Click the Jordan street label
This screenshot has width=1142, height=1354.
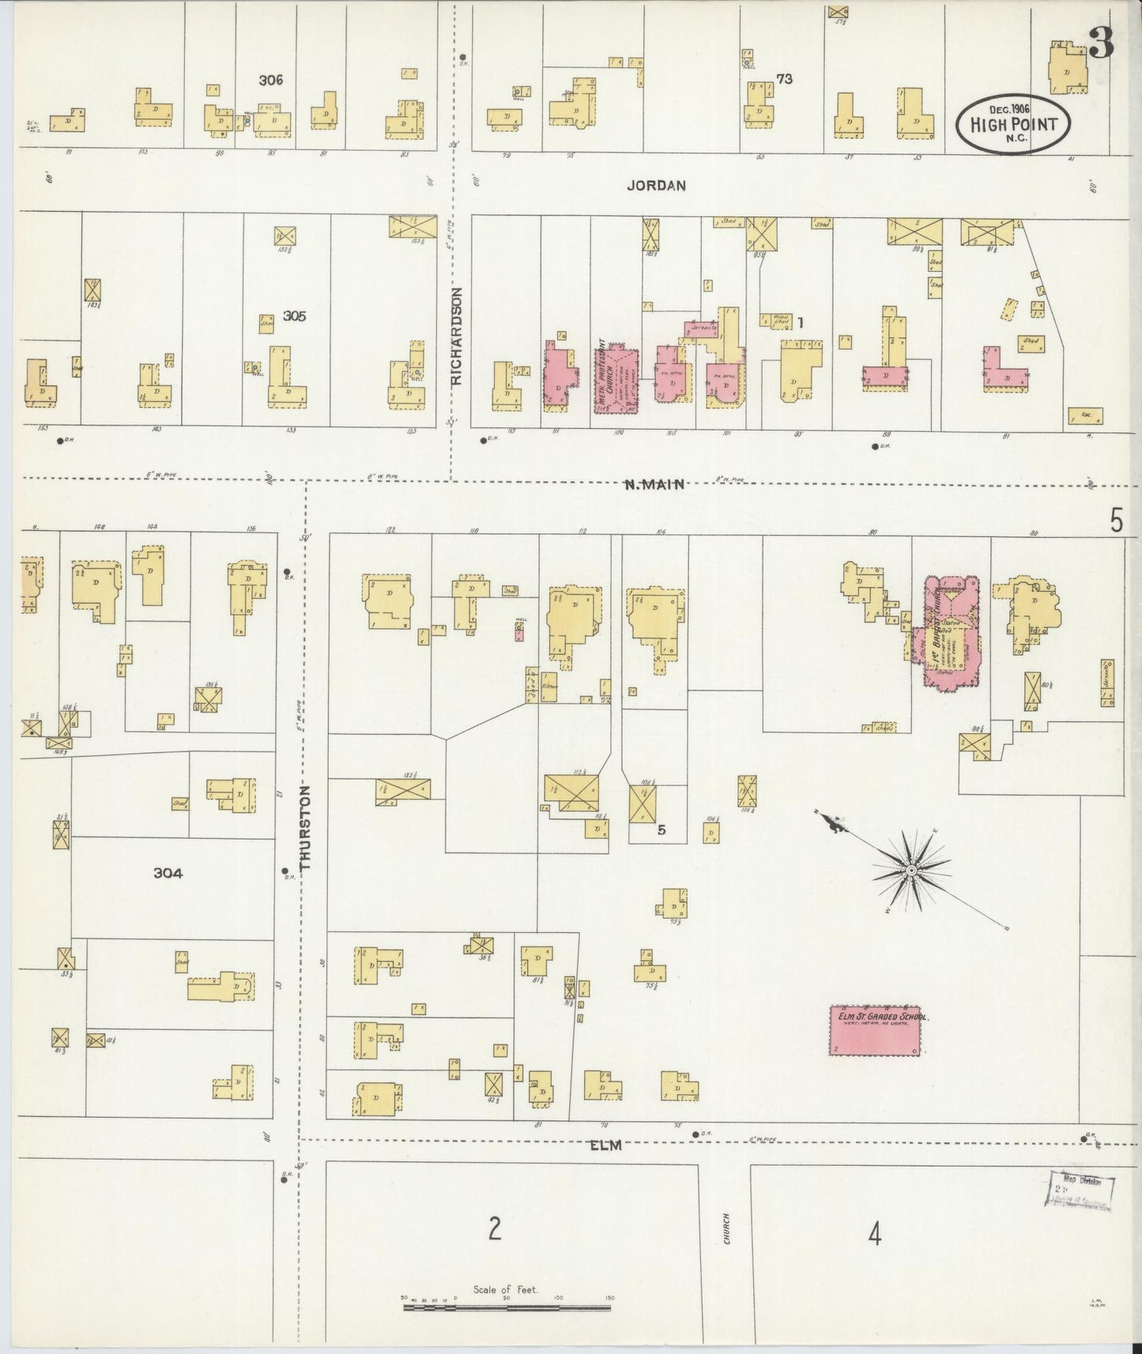coord(656,186)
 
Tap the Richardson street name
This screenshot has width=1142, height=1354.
coord(456,336)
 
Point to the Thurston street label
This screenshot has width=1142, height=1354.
coord(307,828)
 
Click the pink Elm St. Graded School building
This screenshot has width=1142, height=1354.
coord(876,1030)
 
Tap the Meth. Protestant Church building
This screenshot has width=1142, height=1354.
coord(616,382)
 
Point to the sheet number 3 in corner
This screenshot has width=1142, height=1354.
coord(1102,45)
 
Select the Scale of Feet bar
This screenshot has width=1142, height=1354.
coord(506,1307)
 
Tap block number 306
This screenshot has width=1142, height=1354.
coord(271,80)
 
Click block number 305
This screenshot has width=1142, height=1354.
coord(294,316)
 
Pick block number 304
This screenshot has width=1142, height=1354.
coord(168,873)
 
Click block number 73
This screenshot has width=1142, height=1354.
coord(783,79)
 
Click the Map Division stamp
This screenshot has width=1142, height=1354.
coord(1081,1189)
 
